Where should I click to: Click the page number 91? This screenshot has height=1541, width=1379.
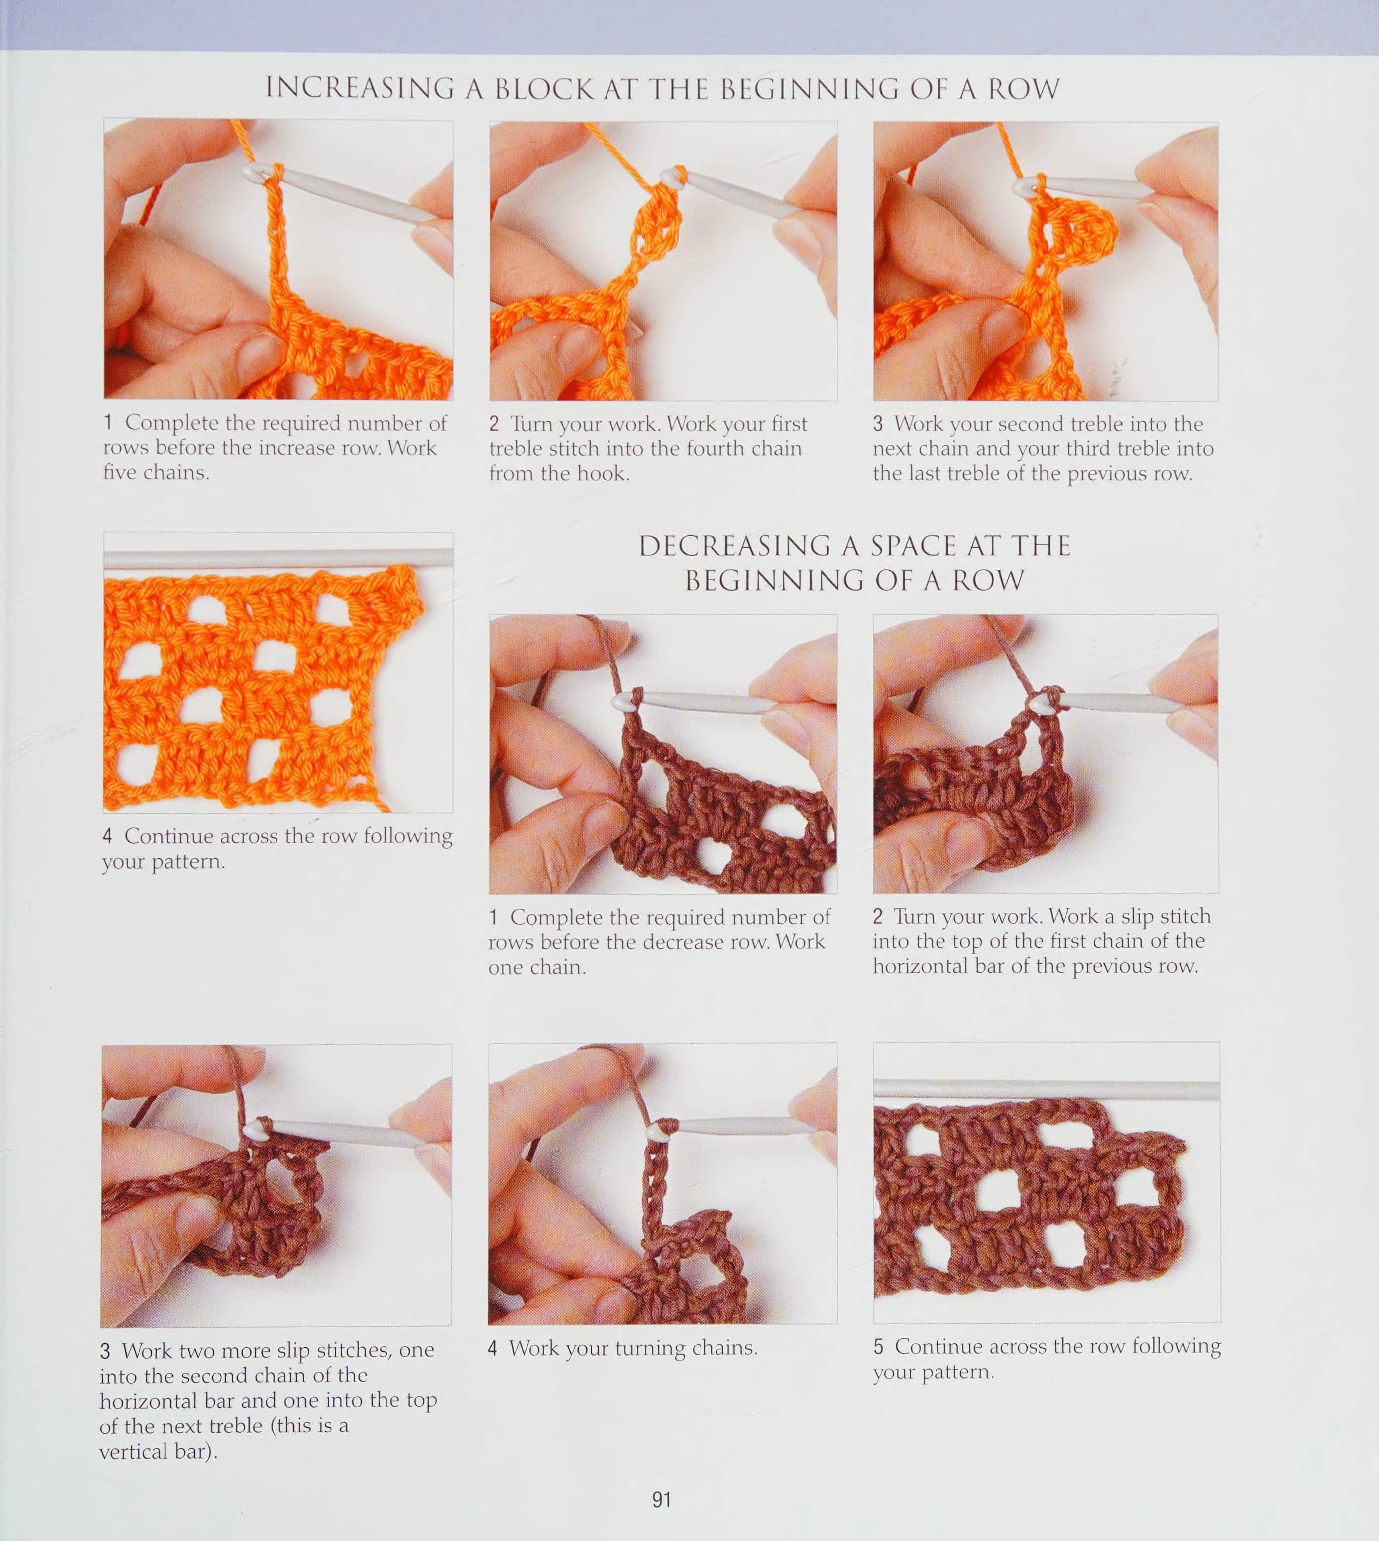click(662, 1499)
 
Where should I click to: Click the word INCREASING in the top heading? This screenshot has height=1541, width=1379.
click(359, 89)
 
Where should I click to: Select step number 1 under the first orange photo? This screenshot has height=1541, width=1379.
click(109, 422)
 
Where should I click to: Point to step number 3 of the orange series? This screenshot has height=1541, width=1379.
click(878, 424)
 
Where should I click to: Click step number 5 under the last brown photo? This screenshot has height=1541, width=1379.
click(878, 1346)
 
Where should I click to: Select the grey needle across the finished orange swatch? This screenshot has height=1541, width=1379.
click(278, 558)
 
